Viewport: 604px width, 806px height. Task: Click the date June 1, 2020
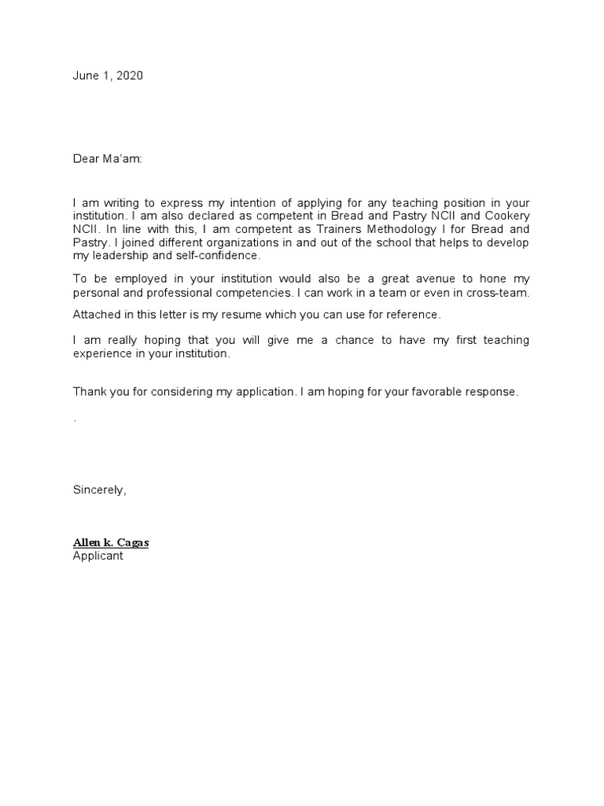(108, 76)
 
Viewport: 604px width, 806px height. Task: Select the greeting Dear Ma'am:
(108, 159)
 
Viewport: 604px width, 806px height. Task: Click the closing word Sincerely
(99, 490)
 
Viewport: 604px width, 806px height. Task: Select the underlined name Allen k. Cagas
(111, 543)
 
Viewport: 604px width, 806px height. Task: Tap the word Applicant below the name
(98, 556)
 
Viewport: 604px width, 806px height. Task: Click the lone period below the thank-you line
(75, 420)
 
